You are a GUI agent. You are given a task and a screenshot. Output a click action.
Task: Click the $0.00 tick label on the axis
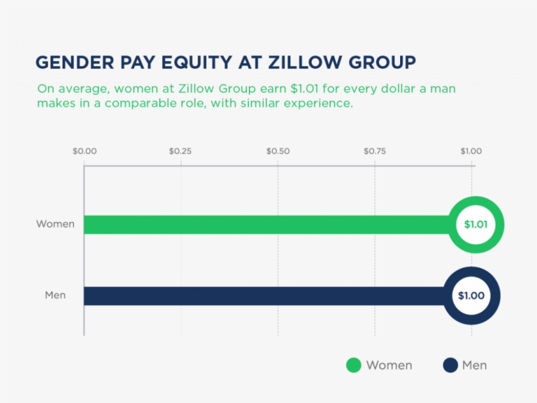coord(84,151)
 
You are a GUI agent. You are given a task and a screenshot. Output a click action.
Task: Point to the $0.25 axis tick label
coord(181,151)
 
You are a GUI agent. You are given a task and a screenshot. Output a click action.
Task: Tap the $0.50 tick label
coord(278,151)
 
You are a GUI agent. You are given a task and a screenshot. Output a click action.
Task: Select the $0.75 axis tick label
coord(375,151)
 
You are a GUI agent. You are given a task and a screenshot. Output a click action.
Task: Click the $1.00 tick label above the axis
coord(471,151)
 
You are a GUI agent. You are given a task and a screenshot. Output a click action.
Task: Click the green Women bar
coord(262,225)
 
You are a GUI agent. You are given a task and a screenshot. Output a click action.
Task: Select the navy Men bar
coord(262,296)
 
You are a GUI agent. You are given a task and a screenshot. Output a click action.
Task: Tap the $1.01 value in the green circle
coord(475,225)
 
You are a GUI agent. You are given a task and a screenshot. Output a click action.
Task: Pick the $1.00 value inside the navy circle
coord(471,296)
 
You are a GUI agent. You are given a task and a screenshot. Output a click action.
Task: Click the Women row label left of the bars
coord(55,224)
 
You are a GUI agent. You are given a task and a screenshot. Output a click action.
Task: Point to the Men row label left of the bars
coord(55,296)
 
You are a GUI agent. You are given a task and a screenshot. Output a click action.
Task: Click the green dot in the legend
coord(354,366)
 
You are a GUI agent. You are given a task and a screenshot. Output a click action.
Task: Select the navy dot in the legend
coord(450,366)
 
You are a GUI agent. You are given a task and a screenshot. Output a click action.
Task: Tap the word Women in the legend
coord(389,366)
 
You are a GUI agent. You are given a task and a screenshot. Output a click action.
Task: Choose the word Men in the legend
coord(475,366)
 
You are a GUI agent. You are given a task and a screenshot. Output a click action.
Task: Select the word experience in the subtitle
coord(321,104)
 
